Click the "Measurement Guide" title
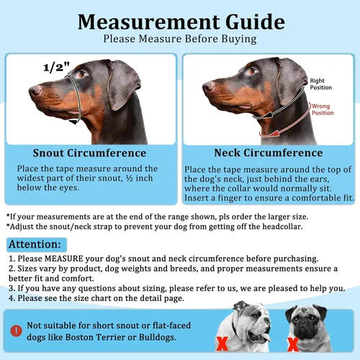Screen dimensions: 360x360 pos(179,19)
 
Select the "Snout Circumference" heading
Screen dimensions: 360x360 pos(91,153)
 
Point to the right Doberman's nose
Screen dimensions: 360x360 pos(207,86)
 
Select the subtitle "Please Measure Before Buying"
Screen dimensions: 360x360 pos(179,39)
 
